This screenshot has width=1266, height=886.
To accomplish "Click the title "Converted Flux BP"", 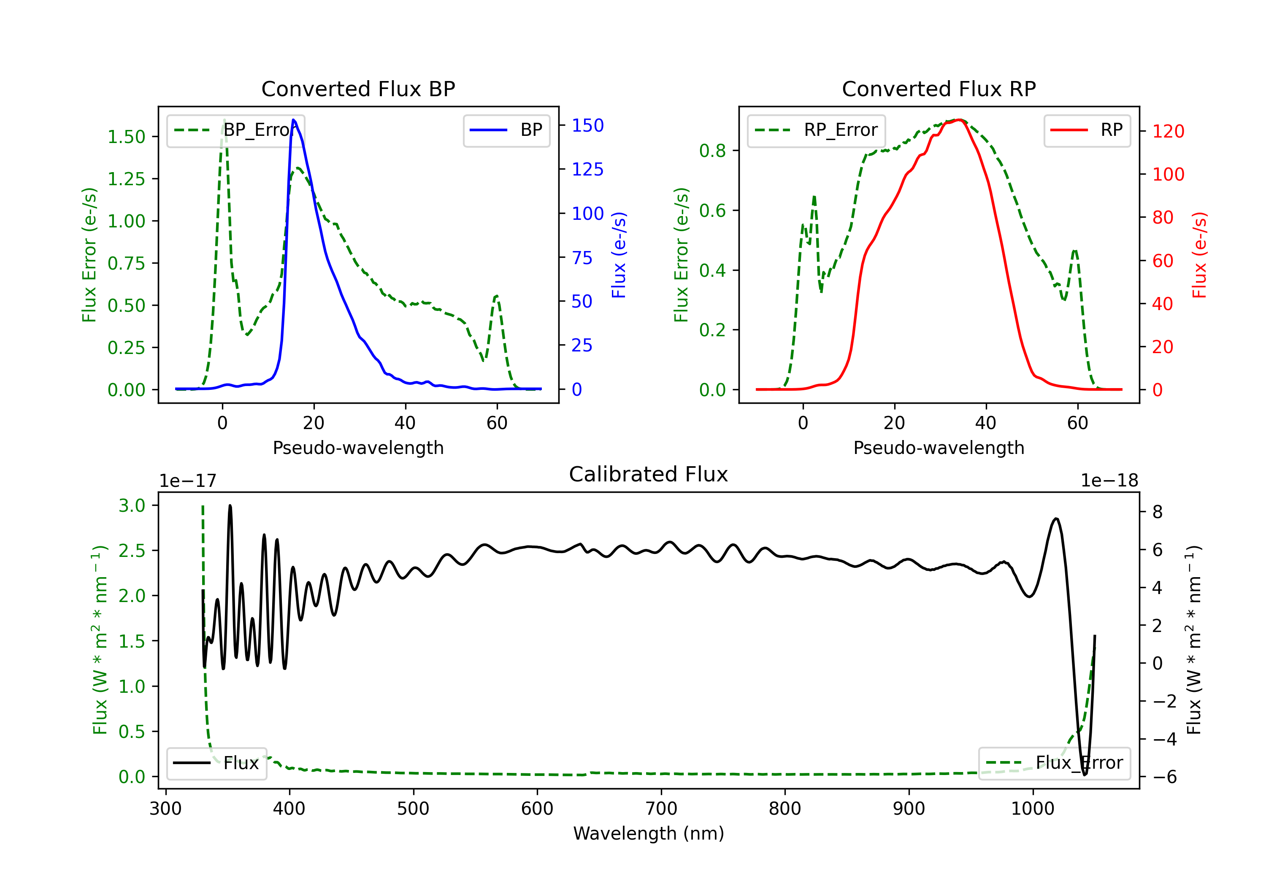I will point(358,89).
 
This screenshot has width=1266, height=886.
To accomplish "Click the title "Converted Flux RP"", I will point(939,89).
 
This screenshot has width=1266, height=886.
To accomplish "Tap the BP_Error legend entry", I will point(235,130).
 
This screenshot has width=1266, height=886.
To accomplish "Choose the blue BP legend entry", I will point(506,130).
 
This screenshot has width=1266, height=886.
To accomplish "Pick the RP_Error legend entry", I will point(816,130).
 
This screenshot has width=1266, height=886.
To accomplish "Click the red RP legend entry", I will point(1087,130).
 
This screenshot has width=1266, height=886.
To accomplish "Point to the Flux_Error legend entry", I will point(1054,763).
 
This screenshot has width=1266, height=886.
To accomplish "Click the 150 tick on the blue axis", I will point(587,126).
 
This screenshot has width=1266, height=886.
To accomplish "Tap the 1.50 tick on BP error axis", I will point(126,137).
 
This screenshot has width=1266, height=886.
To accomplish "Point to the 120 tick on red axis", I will point(1168,131).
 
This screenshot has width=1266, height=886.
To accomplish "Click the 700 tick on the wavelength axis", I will point(661,808).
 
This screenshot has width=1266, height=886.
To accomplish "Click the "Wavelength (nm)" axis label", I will point(649,833).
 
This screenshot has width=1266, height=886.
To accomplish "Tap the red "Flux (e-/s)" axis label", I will point(1199,255).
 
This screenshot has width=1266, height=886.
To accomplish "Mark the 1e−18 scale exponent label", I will point(1109,481).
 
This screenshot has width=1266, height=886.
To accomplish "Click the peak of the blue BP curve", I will point(294,120).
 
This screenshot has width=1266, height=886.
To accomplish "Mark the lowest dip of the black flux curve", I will point(1085,775).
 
